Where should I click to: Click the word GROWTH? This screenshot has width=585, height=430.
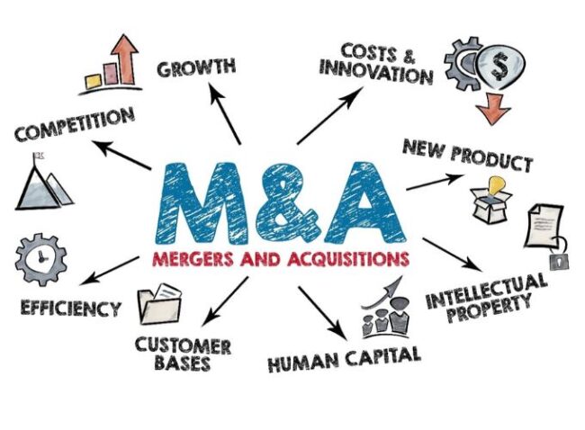pyautogui.click(x=196, y=67)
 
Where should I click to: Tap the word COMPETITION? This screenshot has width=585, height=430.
pyautogui.click(x=75, y=124)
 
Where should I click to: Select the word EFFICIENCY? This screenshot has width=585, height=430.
pyautogui.click(x=70, y=309)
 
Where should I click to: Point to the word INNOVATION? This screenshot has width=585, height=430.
pyautogui.click(x=376, y=72)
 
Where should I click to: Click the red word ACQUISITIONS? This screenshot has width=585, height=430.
pyautogui.click(x=348, y=258)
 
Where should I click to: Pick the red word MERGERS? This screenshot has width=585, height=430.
pyautogui.click(x=193, y=258)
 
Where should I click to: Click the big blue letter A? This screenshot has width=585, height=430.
pyautogui.click(x=364, y=202)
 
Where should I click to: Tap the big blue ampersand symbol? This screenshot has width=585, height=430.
pyautogui.click(x=287, y=203)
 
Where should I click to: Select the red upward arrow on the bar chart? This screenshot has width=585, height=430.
pyautogui.click(x=125, y=59)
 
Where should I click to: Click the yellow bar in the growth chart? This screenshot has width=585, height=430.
pyautogui.click(x=94, y=82)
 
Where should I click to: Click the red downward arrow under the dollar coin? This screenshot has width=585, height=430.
pyautogui.click(x=493, y=109)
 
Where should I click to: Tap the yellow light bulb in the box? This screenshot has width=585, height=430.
pyautogui.click(x=496, y=185)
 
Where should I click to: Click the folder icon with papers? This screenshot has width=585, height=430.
pyautogui.click(x=159, y=304)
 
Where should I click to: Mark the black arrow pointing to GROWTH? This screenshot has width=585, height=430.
pyautogui.click(x=225, y=113)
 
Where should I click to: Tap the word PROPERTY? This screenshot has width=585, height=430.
pyautogui.click(x=489, y=309)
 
